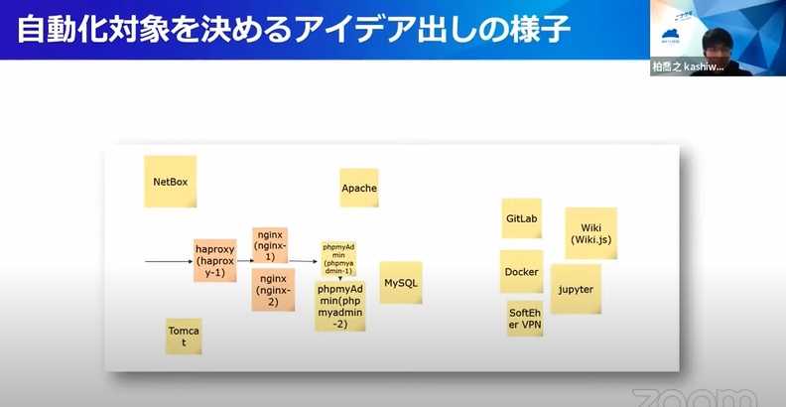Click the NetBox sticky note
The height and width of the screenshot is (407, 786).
(171, 182)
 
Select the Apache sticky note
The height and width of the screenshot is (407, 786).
(359, 188)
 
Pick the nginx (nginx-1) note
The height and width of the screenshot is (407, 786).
(270, 244)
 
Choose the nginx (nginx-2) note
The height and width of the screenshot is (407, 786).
(274, 289)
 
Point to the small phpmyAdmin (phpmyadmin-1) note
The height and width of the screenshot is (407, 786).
(338, 256)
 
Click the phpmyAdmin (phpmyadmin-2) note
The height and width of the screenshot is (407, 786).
(340, 306)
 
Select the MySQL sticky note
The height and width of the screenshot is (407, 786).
(401, 283)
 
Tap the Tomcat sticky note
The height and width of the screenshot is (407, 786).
(184, 337)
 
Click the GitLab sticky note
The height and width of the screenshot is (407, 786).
(521, 217)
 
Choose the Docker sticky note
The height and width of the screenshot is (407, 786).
(521, 271)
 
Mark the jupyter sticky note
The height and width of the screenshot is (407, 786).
(576, 289)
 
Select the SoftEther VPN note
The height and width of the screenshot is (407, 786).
(525, 318)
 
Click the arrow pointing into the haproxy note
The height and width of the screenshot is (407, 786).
(169, 262)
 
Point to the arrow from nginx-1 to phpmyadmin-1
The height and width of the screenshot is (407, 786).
(303, 262)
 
